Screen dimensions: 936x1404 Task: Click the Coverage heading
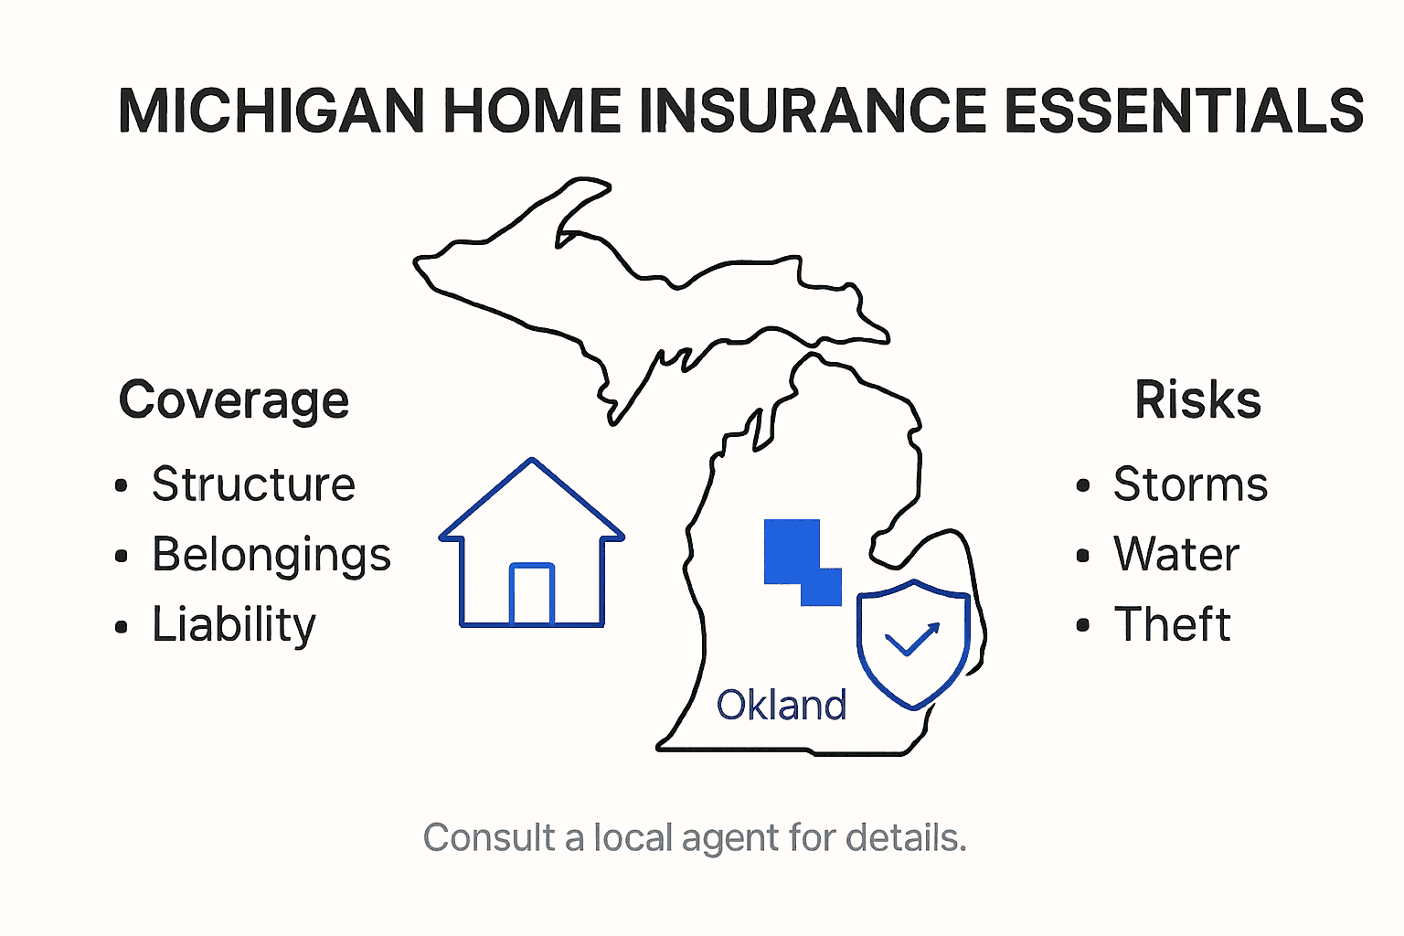(x=234, y=400)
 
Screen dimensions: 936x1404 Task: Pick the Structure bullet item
(x=253, y=484)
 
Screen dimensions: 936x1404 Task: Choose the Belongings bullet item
(x=271, y=555)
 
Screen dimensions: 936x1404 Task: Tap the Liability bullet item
(x=234, y=625)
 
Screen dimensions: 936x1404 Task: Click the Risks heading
(x=1197, y=400)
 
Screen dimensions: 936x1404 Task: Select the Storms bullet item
(x=1190, y=484)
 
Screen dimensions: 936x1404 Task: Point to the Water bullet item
(x=1176, y=555)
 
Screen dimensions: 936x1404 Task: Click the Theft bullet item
(x=1172, y=625)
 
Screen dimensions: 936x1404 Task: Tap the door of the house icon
(x=532, y=595)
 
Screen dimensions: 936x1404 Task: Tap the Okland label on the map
(x=782, y=706)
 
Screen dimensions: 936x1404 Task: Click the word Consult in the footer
(x=489, y=838)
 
